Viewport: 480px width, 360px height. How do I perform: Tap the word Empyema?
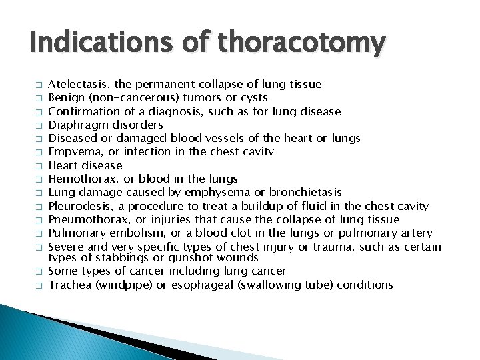pyautogui.click(x=72, y=152)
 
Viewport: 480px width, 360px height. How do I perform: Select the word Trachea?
pyautogui.click(x=69, y=285)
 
